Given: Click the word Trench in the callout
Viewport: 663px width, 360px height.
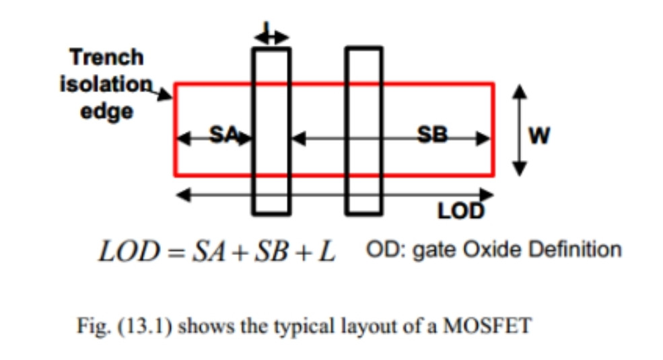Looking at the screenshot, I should pyautogui.click(x=107, y=57).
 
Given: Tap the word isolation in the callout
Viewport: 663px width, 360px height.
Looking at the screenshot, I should pyautogui.click(x=106, y=84).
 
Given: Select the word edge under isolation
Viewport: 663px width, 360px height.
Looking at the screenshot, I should pyautogui.click(x=107, y=111).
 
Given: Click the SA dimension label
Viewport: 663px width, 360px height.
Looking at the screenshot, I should pyautogui.click(x=223, y=135).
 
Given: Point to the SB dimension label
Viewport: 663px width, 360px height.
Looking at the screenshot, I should pyautogui.click(x=432, y=135).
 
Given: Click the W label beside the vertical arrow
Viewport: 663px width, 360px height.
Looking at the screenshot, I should pyautogui.click(x=538, y=137).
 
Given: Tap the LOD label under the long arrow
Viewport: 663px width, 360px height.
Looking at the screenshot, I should pyautogui.click(x=461, y=212).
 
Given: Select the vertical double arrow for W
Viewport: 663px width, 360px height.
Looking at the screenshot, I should pyautogui.click(x=518, y=129).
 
